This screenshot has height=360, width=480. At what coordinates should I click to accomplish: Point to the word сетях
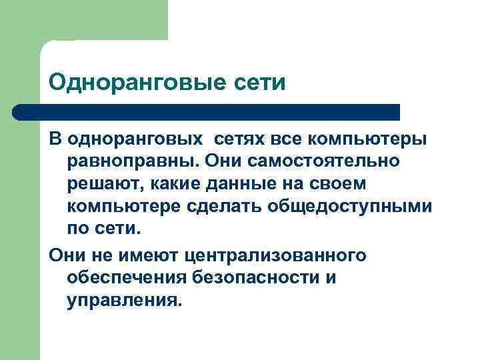[241, 139]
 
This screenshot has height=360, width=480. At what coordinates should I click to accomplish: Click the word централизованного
[277, 256]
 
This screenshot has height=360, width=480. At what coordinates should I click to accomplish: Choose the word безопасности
[257, 278]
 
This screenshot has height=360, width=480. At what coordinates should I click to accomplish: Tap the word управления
[123, 300]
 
